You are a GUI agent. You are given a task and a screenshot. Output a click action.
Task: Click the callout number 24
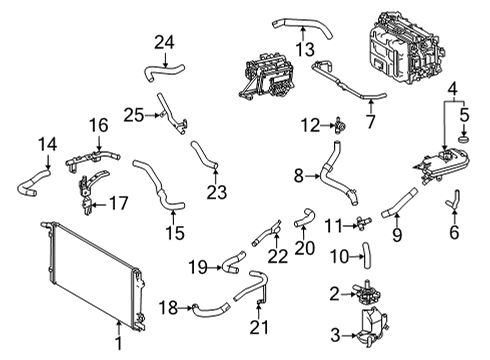pyautogui.click(x=164, y=41)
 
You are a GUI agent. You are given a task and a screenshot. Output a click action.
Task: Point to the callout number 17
pyautogui.click(x=118, y=203)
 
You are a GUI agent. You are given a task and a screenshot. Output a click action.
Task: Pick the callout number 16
pyautogui.click(x=97, y=125)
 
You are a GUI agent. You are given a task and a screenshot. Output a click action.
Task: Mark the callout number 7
pyautogui.click(x=372, y=123)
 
